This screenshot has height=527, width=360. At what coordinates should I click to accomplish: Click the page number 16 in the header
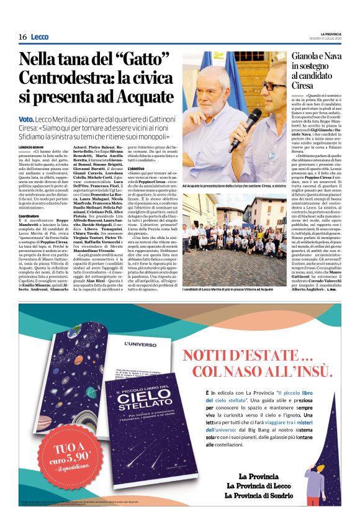point(22,37)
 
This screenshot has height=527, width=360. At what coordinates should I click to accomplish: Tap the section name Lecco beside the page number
point(39,37)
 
